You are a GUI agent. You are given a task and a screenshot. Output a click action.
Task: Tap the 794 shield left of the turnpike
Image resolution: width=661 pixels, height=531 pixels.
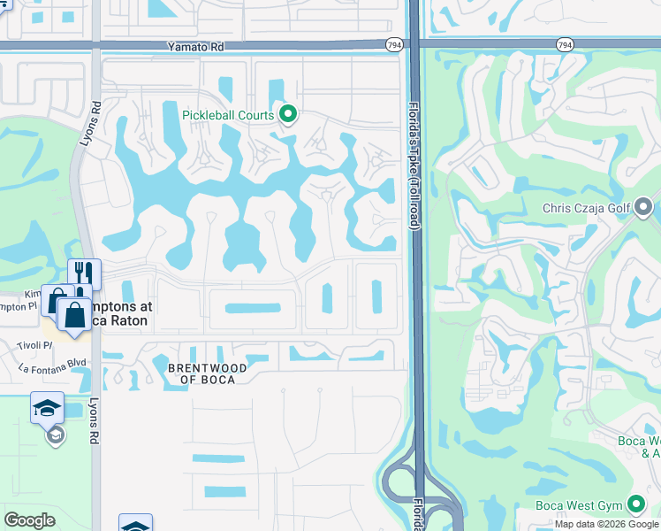point(394,43)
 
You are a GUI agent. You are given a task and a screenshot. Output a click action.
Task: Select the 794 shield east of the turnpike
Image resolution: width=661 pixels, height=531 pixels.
point(564,43)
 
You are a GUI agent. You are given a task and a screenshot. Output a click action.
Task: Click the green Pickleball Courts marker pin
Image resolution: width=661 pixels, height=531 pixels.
point(287,114)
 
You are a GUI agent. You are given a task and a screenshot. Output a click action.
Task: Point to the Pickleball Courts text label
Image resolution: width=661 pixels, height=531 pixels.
point(228,115)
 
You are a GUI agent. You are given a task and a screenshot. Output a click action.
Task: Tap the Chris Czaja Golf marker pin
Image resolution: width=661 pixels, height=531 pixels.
point(643,209)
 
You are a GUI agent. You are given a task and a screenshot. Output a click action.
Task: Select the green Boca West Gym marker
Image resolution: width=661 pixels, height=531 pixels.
point(636,504)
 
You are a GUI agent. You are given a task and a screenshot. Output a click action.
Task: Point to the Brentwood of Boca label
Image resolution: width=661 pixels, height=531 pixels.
point(201,373)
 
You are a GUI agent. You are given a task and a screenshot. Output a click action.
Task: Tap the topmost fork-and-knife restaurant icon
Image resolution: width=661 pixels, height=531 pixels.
point(85,273)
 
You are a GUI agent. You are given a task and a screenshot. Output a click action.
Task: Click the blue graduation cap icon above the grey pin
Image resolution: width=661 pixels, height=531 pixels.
point(47,407)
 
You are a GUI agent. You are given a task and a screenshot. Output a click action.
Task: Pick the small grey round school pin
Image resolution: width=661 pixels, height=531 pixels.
point(56,435)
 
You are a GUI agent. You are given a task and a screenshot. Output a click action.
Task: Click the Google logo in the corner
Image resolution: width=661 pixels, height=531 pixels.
point(29,520)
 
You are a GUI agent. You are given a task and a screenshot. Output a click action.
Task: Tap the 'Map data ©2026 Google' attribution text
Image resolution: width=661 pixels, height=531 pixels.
point(606,524)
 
